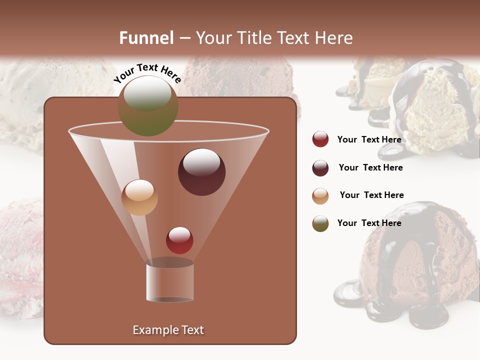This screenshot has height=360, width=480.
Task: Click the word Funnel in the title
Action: click(x=146, y=38)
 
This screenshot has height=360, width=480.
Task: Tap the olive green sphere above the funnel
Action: click(x=147, y=105)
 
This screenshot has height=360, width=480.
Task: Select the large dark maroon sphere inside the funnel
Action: click(x=201, y=172)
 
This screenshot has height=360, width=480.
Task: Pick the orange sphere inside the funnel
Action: click(x=139, y=197)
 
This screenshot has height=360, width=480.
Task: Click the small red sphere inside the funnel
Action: click(x=179, y=240)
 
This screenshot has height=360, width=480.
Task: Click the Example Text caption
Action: click(x=168, y=330)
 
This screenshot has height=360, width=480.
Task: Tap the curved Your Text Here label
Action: click(x=147, y=73)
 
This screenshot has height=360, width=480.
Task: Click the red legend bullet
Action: click(x=320, y=139)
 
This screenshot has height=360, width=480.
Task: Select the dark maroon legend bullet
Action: click(x=320, y=168)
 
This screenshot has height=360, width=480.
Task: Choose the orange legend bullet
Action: click(x=320, y=196)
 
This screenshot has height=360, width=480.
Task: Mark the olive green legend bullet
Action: click(x=320, y=223)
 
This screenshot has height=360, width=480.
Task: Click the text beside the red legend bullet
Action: click(x=369, y=139)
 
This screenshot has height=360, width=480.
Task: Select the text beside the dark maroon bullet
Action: click(x=370, y=167)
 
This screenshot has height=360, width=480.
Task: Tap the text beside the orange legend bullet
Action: click(x=371, y=195)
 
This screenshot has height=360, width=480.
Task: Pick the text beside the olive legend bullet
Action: click(x=369, y=223)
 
